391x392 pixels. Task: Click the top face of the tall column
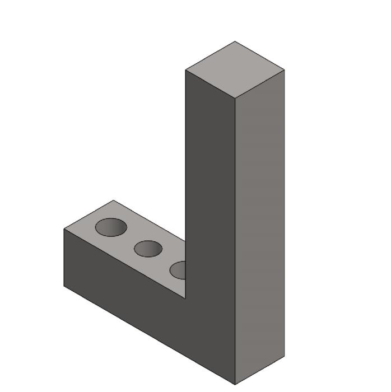235,69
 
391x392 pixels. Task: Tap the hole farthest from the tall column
111,227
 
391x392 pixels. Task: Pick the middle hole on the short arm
148,249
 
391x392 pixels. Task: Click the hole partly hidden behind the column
179,270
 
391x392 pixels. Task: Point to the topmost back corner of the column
235,41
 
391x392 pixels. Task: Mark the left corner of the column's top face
186,71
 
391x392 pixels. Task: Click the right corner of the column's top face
284,70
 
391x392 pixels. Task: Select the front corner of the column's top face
235,99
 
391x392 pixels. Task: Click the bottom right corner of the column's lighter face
284,356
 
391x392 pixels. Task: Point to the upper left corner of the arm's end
64,229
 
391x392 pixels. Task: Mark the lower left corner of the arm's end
64,286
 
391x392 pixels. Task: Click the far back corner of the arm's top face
113,200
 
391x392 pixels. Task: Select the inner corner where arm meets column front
185,298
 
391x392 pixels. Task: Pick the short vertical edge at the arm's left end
64,258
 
